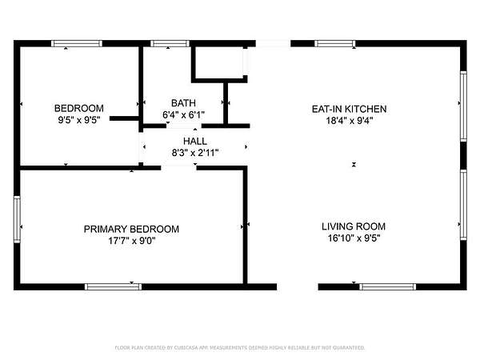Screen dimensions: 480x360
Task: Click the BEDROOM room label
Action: [x=79, y=108]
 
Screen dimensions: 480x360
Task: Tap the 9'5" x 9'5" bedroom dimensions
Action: [x=79, y=120]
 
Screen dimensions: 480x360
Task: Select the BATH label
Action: [x=183, y=103]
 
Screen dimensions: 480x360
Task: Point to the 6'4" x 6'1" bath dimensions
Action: [x=183, y=114]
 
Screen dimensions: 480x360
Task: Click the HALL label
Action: [x=195, y=141]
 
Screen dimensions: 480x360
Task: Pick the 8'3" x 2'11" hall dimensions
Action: [x=195, y=153]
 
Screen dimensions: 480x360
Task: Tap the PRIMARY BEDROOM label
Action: [x=131, y=229]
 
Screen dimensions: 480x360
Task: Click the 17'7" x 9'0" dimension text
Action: [x=132, y=241]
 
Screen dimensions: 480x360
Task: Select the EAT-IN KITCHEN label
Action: [x=349, y=109]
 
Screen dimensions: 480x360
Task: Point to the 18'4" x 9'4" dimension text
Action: [x=350, y=120]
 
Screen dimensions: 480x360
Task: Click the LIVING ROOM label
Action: [x=354, y=226]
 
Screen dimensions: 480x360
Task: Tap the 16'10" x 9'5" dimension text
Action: [x=354, y=238]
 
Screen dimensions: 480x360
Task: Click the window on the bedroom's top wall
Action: [x=77, y=43]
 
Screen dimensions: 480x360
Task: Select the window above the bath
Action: [x=170, y=43]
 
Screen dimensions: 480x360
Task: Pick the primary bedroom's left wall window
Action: [x=17, y=219]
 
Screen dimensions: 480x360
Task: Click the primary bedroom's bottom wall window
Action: [x=113, y=287]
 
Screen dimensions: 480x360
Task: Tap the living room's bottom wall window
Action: [x=387, y=287]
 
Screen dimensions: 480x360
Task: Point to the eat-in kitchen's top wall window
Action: [x=335, y=43]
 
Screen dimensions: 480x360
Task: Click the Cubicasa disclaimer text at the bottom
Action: [x=240, y=347]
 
